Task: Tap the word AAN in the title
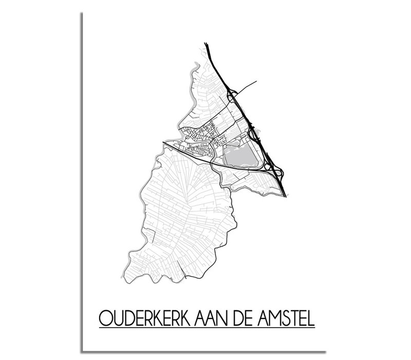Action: coord(215,314)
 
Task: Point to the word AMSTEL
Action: coord(289,314)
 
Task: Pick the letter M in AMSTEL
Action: coord(278,314)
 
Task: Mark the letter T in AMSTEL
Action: coord(296,314)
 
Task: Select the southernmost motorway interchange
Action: coord(277,173)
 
